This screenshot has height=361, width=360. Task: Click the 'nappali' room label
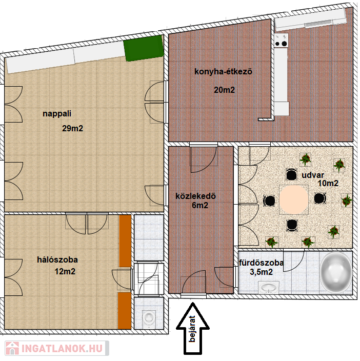pos(57,114)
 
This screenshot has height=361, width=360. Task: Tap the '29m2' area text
pos(72,128)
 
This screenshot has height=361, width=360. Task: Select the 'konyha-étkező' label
pos(223,71)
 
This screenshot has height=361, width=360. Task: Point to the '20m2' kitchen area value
pos(224,90)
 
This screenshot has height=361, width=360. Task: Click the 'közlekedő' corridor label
pos(196,196)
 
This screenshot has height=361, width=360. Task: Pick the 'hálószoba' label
pos(57,259)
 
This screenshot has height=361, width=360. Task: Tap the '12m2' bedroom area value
pos(65,271)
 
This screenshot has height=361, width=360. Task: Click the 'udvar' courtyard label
pos(313,175)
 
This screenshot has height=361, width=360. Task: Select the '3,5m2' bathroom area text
pos(261,272)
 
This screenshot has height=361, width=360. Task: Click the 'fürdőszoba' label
pos(261,263)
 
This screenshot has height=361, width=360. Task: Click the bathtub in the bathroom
pos(336,273)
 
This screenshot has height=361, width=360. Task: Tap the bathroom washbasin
pos(269,288)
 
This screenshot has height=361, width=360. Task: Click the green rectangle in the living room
pos(144,48)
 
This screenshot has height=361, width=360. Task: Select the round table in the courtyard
pos(294,199)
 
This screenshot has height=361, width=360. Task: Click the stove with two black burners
pos(281,41)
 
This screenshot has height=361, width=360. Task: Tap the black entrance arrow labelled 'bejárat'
pos(193,329)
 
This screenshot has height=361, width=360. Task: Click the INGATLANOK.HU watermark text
pos(62,349)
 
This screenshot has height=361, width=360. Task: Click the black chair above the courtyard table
pos(291,174)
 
